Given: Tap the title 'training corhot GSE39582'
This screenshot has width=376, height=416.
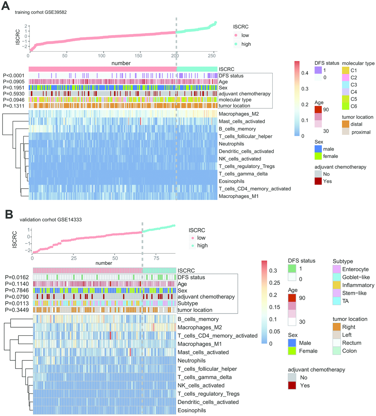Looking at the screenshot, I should click(x=41, y=12).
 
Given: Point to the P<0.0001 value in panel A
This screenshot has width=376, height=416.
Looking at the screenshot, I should click(x=15, y=76).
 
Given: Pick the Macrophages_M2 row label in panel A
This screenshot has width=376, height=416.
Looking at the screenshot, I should click(x=236, y=113).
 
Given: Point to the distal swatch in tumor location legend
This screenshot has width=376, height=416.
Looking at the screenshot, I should click(x=347, y=125).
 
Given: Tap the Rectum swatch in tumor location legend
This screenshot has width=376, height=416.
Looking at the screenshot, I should click(x=337, y=343).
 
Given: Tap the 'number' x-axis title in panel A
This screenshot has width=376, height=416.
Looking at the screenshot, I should click(x=122, y=63).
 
